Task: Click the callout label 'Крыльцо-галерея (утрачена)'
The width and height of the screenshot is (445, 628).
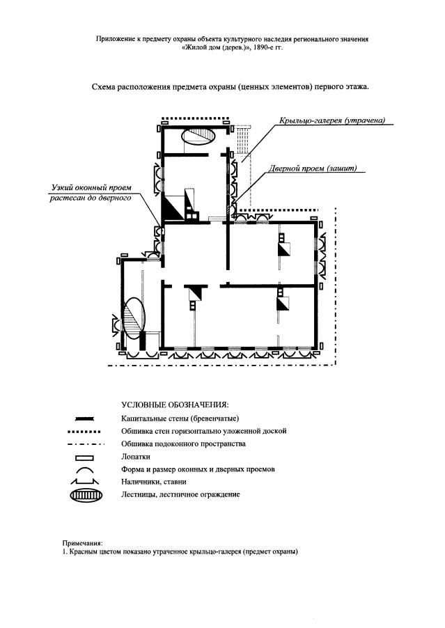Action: click(332, 120)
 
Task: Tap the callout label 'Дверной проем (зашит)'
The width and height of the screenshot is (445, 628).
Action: click(313, 168)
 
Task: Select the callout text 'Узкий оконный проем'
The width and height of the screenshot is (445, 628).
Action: click(91, 187)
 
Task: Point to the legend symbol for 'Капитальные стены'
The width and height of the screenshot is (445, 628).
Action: click(84, 419)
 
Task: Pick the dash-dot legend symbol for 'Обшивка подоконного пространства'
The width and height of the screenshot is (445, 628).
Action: click(86, 444)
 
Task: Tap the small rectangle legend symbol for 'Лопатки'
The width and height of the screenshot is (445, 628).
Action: click(84, 457)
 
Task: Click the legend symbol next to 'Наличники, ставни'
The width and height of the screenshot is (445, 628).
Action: click(84, 481)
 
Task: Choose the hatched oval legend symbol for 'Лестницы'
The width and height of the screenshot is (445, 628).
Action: click(86, 496)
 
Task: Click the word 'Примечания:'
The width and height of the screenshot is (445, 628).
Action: click(82, 544)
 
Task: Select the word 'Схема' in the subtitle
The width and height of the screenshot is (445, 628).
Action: click(103, 86)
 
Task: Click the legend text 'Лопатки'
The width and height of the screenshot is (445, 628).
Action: click(135, 457)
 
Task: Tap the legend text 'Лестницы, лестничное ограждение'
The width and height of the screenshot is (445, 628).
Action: click(180, 494)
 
